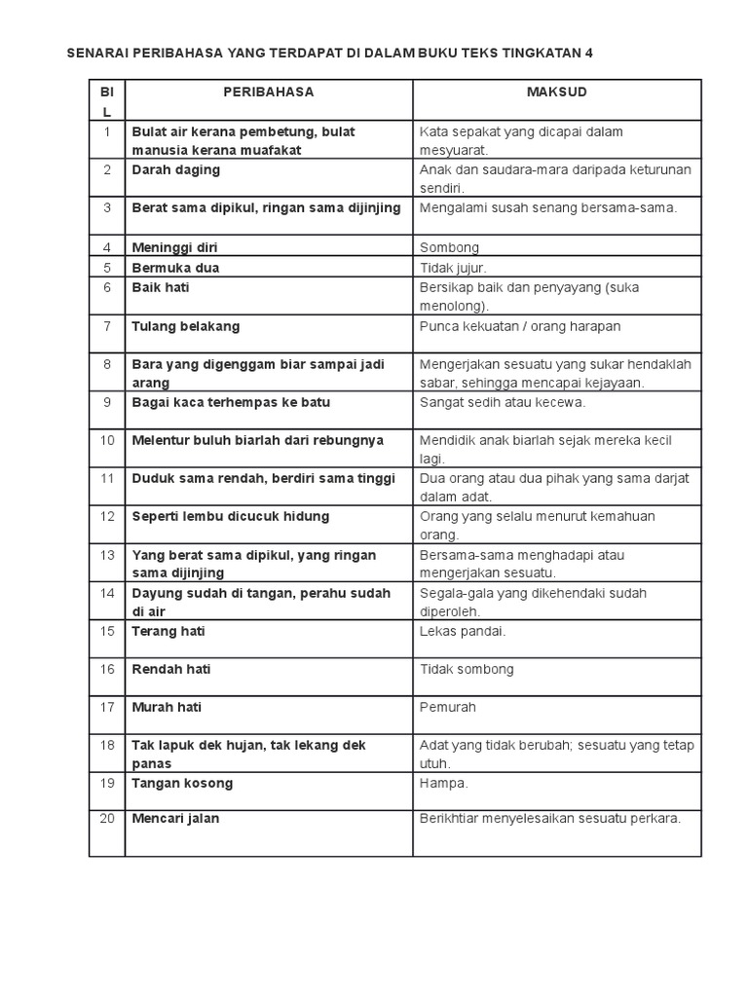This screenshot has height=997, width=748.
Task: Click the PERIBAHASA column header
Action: point(268,92)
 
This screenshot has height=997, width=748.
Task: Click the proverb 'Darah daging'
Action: point(176,170)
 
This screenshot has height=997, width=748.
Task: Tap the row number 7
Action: point(107,326)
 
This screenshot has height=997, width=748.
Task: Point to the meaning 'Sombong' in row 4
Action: point(449,248)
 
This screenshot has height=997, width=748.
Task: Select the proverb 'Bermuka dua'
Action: point(175,268)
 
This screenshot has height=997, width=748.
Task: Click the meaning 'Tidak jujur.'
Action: point(453,268)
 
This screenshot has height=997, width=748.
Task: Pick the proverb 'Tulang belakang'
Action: point(186,326)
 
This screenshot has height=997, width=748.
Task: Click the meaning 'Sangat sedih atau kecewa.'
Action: point(503,401)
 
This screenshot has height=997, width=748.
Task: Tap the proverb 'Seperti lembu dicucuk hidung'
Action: point(231,516)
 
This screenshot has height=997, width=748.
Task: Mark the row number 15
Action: point(107,631)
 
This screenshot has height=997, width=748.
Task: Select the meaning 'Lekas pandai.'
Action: point(463,631)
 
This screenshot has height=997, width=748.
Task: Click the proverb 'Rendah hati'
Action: point(171,669)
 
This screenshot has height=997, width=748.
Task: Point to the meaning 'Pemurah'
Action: point(447,708)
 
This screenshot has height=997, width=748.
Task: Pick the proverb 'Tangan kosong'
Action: point(182,784)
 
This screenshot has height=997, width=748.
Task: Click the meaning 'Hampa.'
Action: point(443,784)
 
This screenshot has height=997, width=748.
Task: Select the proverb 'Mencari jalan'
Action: point(176,819)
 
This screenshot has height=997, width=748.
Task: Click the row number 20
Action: point(107,819)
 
